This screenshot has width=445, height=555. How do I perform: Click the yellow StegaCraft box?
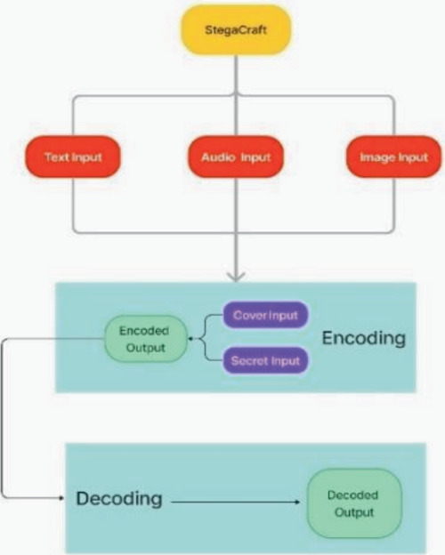[x=236, y=29]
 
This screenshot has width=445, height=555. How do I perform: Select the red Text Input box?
[x=73, y=157]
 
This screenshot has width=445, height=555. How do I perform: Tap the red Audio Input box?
[x=236, y=157]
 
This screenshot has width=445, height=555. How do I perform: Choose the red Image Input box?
[x=393, y=157]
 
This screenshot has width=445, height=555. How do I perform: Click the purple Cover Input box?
[x=265, y=315]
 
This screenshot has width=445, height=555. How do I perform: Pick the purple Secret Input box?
[x=265, y=361]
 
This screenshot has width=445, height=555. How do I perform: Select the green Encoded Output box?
[x=146, y=339]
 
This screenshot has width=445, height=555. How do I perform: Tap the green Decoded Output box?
[x=354, y=503]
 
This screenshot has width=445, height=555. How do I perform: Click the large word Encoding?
[x=363, y=338]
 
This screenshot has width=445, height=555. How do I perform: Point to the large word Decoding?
[x=119, y=498]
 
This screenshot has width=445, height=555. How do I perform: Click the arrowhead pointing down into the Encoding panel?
[x=236, y=277]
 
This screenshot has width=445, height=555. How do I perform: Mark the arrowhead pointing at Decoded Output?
[x=297, y=502]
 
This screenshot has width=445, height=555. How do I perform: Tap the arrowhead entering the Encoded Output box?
[x=190, y=339]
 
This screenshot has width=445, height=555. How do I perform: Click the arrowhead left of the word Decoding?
[x=62, y=498]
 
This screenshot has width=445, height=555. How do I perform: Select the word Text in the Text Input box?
[x=54, y=157]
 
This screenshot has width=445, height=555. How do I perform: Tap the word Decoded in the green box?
[x=352, y=495]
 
